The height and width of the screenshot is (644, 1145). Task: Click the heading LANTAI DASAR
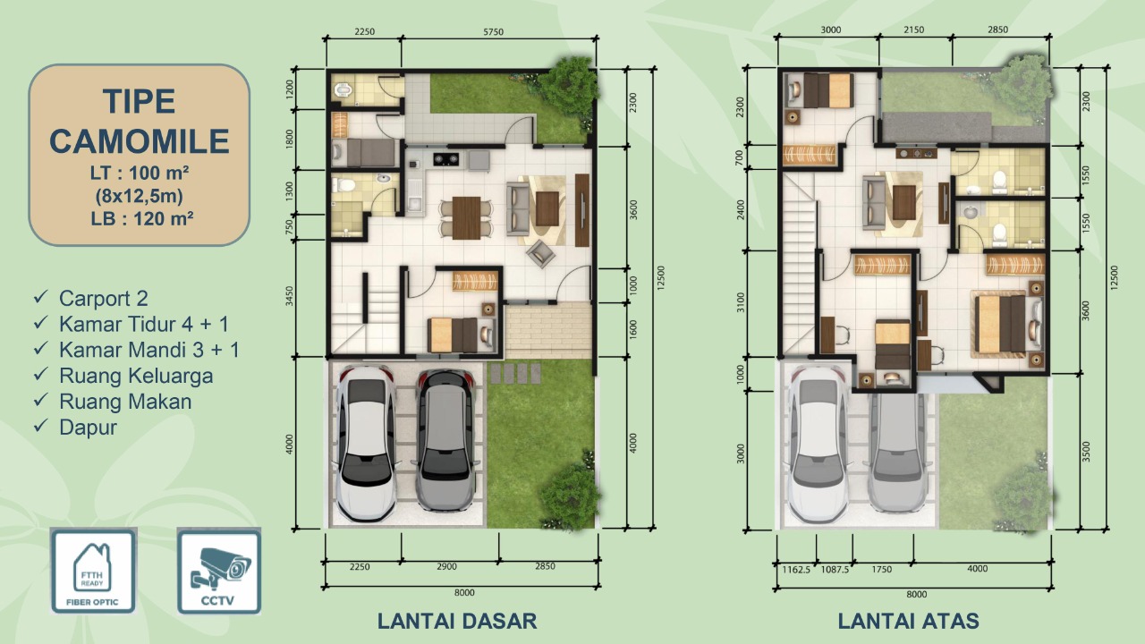(x=457, y=621)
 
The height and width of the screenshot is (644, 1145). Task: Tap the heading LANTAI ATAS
(x=908, y=621)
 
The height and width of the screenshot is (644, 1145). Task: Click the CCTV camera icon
(x=219, y=571)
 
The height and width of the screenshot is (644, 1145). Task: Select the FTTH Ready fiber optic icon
(x=93, y=571)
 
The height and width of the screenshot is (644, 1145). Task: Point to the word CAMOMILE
(x=139, y=141)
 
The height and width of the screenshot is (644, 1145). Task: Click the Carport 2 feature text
(x=103, y=298)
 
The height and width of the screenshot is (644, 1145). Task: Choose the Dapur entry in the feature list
(x=88, y=428)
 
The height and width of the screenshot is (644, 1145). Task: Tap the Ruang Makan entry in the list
(x=125, y=402)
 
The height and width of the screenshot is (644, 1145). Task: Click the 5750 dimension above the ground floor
(x=493, y=31)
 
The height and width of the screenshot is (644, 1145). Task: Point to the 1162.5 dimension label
(x=796, y=570)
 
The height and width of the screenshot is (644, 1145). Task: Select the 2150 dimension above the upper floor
(x=914, y=30)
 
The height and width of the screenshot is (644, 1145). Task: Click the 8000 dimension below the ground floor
(x=464, y=592)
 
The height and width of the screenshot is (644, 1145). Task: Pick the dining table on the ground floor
(x=466, y=217)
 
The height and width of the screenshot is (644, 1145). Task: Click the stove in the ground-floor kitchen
(x=445, y=159)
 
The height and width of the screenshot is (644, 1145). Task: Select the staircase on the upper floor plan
(x=799, y=263)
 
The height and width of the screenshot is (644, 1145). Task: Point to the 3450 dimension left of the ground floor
(x=290, y=296)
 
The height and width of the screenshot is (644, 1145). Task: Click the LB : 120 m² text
(x=142, y=219)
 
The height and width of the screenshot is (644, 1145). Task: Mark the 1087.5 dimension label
(x=835, y=570)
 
